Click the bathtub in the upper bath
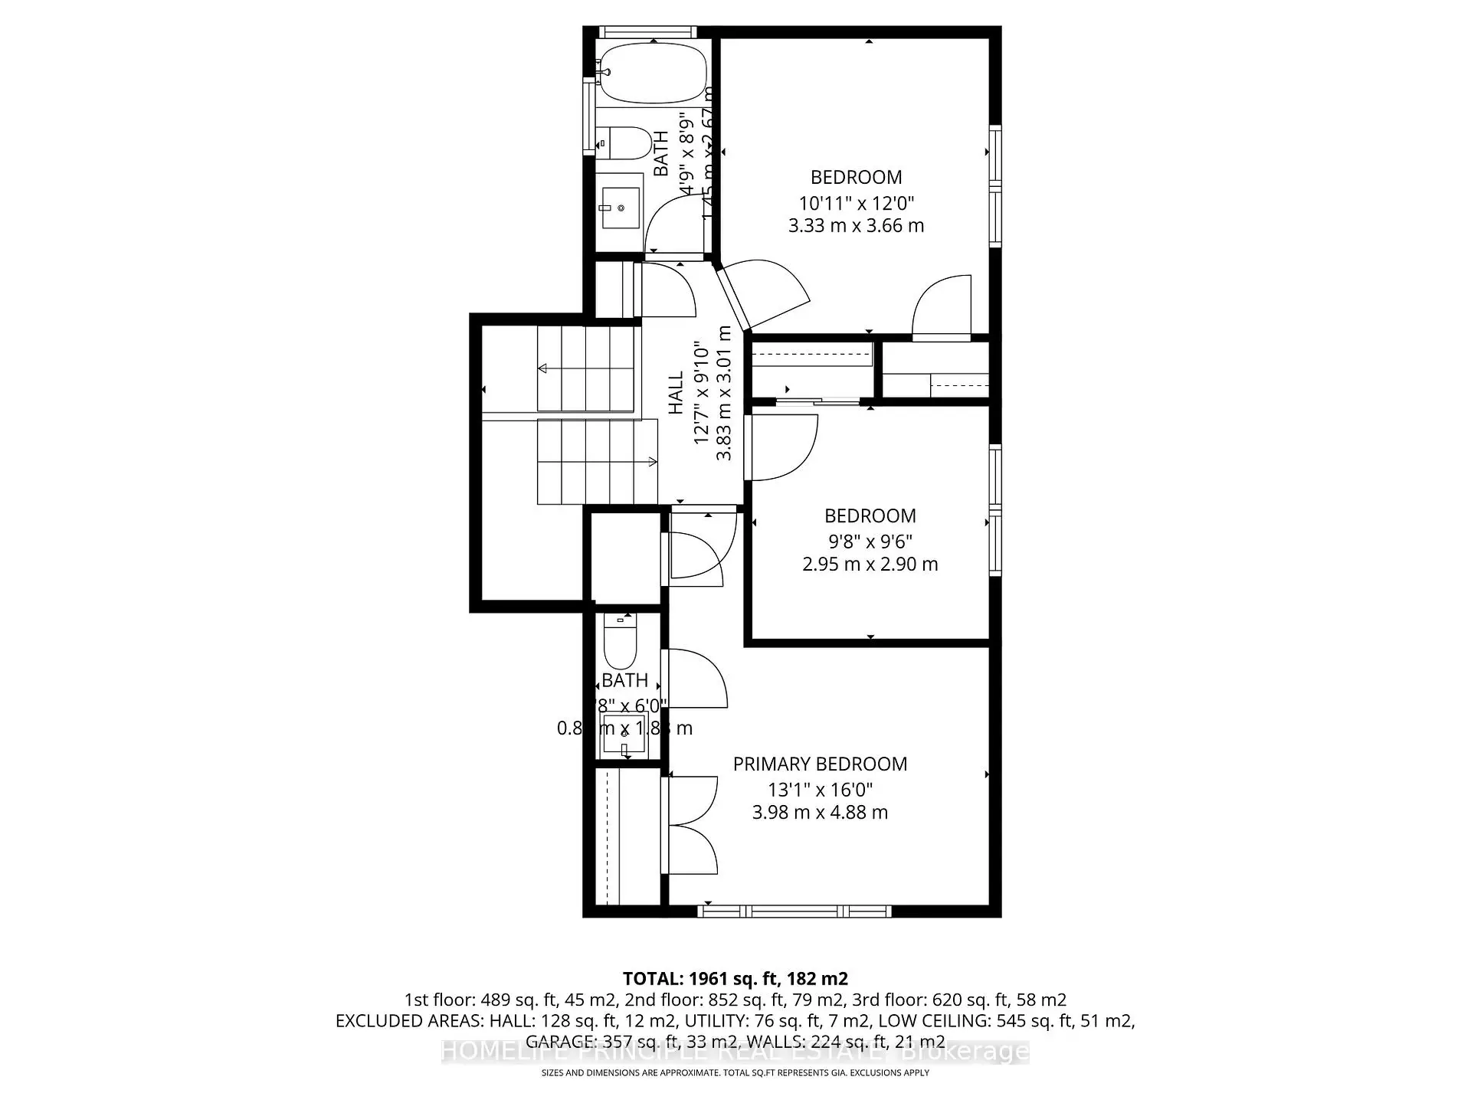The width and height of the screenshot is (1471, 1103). (654, 73)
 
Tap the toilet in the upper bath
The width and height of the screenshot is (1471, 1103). (624, 143)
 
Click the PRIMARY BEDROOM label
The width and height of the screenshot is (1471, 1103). (820, 764)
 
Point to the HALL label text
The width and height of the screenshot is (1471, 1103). (676, 393)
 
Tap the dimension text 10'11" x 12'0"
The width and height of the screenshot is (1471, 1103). (856, 203)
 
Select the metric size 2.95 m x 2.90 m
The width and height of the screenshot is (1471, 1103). (870, 565)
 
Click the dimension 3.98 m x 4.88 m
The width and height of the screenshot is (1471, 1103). (820, 813)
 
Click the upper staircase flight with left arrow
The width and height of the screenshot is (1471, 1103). (586, 368)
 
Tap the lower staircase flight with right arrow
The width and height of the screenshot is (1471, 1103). (598, 461)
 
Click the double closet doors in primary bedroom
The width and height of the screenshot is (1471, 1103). (693, 825)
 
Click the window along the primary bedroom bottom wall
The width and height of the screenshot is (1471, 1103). (794, 912)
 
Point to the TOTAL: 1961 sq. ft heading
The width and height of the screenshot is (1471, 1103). (735, 978)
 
